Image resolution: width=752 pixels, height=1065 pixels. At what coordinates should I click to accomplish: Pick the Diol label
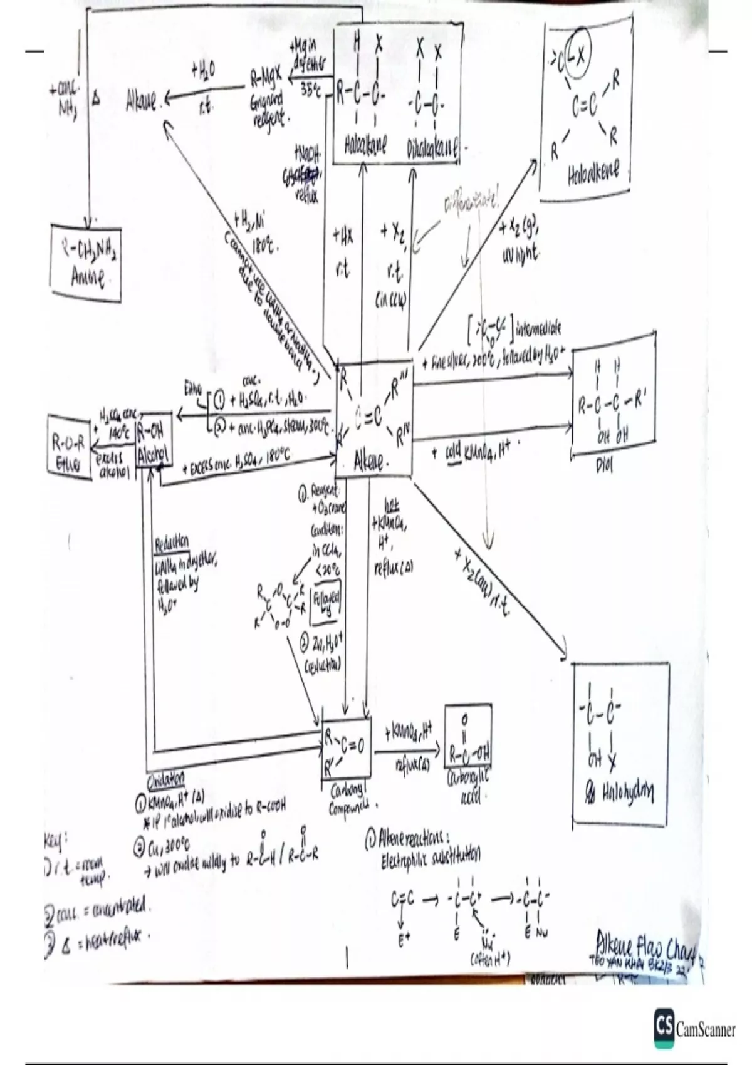(603, 467)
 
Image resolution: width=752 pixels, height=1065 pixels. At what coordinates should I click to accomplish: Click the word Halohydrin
(627, 794)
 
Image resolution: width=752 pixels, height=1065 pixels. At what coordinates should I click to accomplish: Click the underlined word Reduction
(172, 543)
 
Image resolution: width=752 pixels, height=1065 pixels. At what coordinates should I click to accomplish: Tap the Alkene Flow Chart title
(645, 953)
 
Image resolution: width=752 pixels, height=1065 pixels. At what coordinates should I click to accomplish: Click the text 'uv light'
(520, 255)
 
